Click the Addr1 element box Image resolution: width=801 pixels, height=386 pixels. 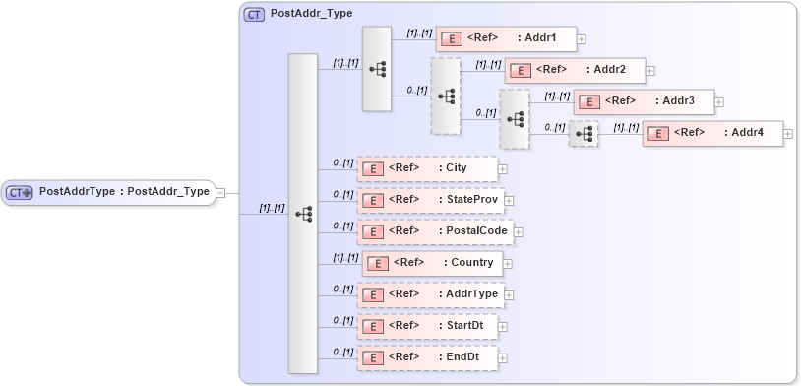(x=505, y=38)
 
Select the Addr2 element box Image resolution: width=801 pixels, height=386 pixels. (x=575, y=70)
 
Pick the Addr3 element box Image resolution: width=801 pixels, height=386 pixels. (x=644, y=101)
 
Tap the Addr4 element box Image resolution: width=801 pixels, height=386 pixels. (x=712, y=133)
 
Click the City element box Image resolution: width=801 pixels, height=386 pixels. (x=427, y=168)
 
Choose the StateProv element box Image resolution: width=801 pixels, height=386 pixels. (x=431, y=200)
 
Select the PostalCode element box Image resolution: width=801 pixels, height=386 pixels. (x=434, y=231)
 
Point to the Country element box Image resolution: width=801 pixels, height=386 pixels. (x=432, y=263)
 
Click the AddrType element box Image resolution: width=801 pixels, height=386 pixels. (x=430, y=294)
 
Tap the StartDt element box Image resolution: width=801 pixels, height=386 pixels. (x=427, y=326)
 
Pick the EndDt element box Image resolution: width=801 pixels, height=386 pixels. (x=427, y=357)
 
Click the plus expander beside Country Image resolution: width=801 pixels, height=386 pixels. (x=509, y=264)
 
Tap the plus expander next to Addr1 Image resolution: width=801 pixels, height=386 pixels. (x=582, y=39)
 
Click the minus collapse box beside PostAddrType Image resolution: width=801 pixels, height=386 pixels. (x=220, y=193)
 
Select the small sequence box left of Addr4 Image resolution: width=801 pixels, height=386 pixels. (x=584, y=134)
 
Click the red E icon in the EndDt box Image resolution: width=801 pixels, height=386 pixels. (x=373, y=358)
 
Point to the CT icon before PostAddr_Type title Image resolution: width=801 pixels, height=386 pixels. (x=254, y=15)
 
